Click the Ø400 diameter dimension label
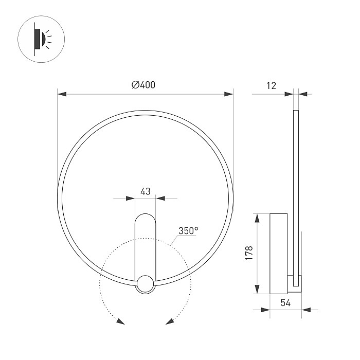point(143,85)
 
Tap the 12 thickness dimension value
point(271,86)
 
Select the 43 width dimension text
point(145,191)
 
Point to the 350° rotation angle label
point(188,231)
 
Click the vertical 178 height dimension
point(249,254)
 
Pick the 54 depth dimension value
point(286,303)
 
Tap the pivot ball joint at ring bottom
point(145,284)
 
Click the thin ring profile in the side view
point(296,180)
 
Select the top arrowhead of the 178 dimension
point(257,217)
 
